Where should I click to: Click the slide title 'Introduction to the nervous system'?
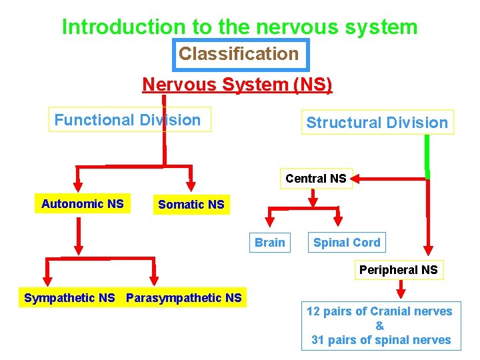tap(239, 27)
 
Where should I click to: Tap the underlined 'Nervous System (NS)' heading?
tap(237, 85)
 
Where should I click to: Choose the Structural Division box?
tap(377, 123)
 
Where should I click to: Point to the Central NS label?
tap(315, 179)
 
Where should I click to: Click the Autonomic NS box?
tap(82, 204)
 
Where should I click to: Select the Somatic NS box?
tap(191, 205)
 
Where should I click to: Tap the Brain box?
tap(269, 243)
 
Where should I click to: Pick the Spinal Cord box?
tap(347, 243)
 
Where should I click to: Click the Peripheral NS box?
tap(398, 270)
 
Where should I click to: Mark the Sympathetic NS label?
tap(69, 298)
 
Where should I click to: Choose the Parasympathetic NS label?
tap(184, 298)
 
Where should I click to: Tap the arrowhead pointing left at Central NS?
tap(356, 178)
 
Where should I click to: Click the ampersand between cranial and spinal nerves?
tap(380, 325)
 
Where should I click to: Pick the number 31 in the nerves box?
tap(319, 340)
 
